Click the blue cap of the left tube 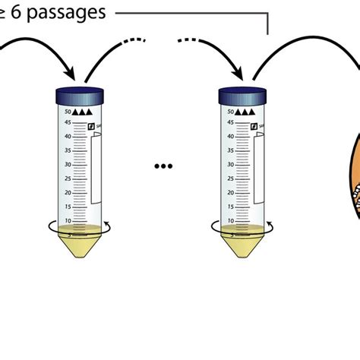(x=80, y=95)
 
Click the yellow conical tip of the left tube (x=80, y=247)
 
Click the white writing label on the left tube (x=96, y=169)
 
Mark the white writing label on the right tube (x=260, y=169)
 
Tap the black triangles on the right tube (x=245, y=112)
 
